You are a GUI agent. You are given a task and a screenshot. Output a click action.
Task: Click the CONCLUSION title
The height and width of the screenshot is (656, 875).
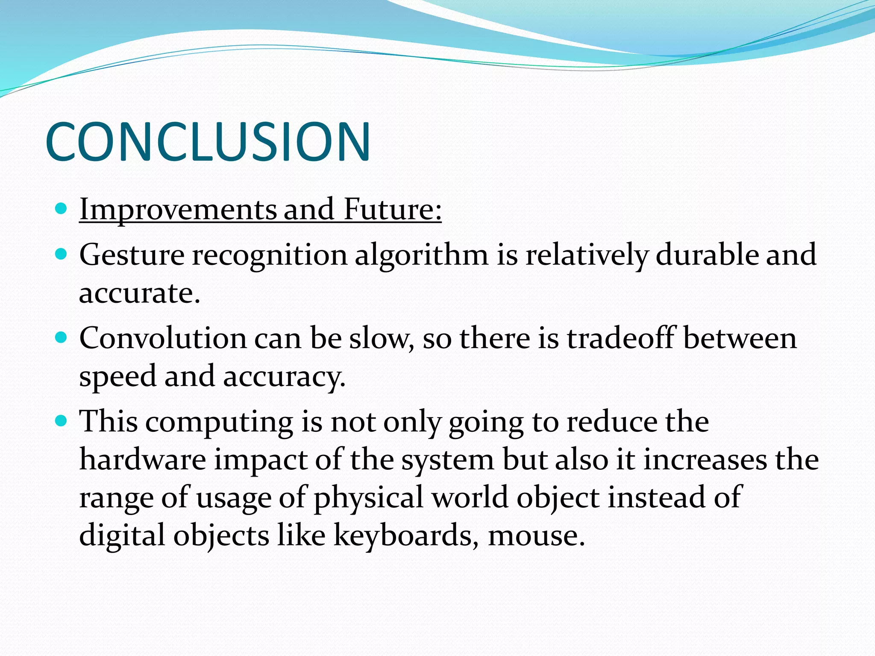coord(208,141)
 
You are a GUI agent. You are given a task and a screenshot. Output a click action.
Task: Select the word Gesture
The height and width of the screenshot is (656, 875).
coord(132,255)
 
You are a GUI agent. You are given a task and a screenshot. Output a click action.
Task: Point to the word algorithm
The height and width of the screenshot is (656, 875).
coord(421,255)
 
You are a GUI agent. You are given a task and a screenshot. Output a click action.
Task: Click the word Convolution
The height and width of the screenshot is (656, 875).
coord(163,338)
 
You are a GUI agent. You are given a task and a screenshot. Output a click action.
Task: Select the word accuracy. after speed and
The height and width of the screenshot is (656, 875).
coord(284,377)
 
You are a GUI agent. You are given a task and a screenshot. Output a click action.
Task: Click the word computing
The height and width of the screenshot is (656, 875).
coord(219,422)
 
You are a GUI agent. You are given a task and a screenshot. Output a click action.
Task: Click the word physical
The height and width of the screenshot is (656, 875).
coord(368,498)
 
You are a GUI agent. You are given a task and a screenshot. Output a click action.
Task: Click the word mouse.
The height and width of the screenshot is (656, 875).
coord(536,536)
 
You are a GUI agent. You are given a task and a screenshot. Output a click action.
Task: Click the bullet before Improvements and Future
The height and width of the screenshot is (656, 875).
coord(62,209)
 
